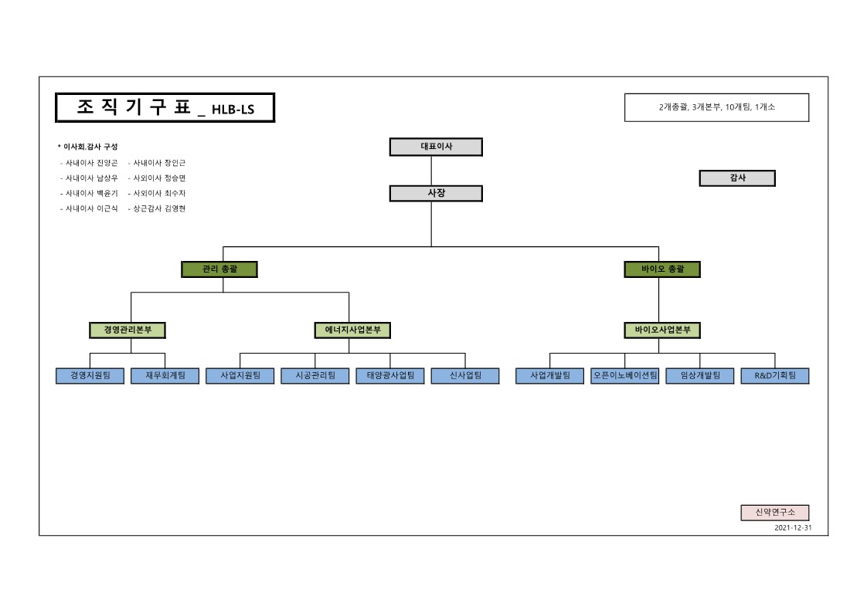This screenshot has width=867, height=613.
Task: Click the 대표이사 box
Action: pos(436,147)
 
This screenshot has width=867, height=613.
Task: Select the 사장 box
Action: pos(436,193)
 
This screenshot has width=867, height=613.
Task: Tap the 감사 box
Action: pos(737,178)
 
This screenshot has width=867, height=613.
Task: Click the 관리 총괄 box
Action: pos(219,269)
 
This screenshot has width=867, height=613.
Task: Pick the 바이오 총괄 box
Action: pos(662,269)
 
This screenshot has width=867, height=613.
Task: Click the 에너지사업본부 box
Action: pos(352,330)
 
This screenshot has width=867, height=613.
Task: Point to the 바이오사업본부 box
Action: pos(662,330)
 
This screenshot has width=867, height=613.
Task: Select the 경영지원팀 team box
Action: pos(90,376)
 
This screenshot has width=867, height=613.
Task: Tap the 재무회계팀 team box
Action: pos(165,376)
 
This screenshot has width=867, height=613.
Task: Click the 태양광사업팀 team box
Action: pos(390,376)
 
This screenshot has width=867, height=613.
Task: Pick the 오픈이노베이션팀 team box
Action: pos(624,376)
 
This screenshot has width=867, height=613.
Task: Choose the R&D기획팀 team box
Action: pos(775,376)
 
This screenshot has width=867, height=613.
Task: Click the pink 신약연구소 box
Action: pos(775,513)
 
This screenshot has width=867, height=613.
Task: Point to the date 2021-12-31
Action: pos(792,529)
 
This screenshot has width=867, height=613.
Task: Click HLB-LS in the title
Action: pos(233,110)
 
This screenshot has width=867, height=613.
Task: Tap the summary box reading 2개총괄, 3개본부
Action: pos(716,108)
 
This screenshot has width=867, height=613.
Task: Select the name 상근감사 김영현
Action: pos(159,208)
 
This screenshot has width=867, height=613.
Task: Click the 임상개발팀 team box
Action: pos(700,376)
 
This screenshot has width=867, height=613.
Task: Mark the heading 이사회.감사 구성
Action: pos(90,147)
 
